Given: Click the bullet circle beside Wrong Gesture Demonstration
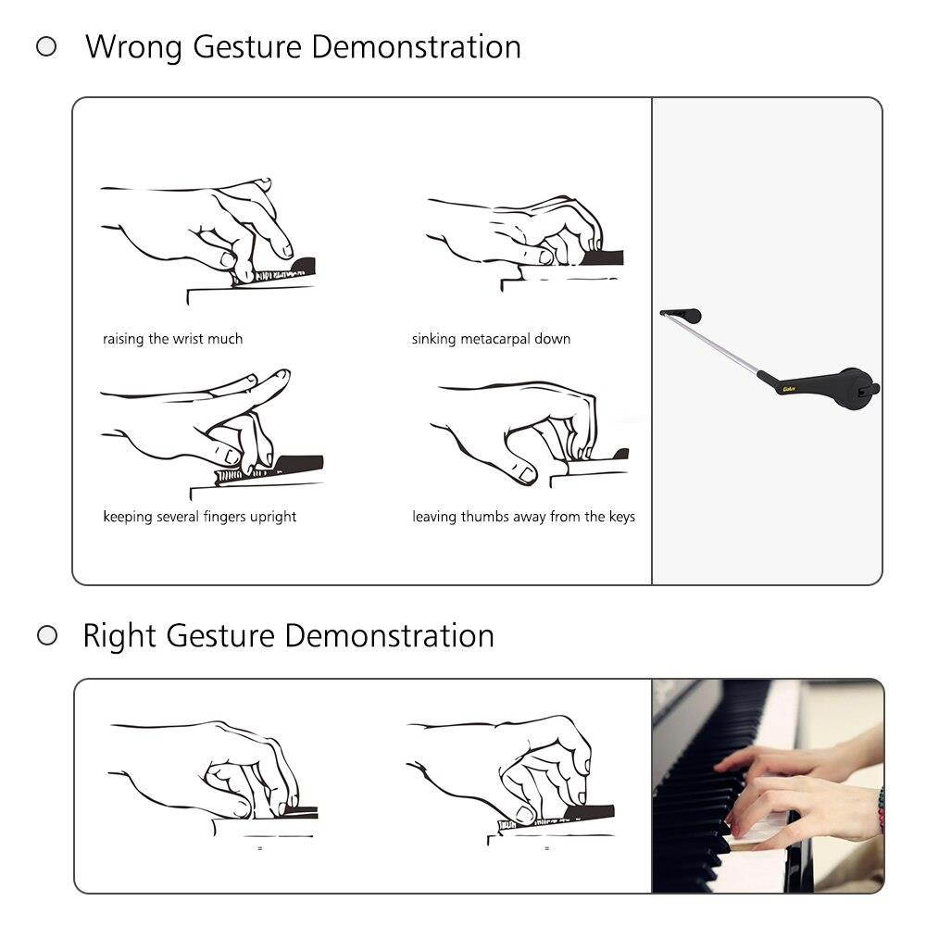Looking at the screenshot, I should coord(46,46).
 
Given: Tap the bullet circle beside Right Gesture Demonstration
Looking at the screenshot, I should coord(46,635).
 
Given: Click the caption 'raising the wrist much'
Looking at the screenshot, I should coord(172,339).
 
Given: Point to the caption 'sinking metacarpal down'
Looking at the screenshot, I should coord(491,339).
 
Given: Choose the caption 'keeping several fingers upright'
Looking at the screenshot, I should coord(199,517).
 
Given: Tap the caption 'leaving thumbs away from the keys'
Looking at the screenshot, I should coord(523,517).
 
